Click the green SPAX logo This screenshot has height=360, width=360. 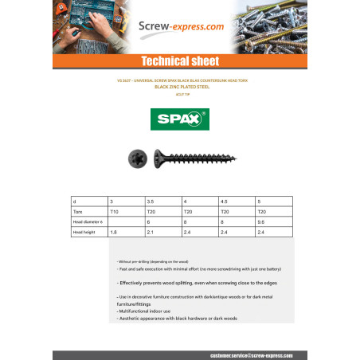click(x=179, y=120)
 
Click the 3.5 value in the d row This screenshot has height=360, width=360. click(x=162, y=202)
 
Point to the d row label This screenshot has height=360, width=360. click(x=74, y=202)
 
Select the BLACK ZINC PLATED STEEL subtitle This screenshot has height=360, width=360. click(x=179, y=86)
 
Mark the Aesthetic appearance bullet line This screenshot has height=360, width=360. click(x=176, y=318)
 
